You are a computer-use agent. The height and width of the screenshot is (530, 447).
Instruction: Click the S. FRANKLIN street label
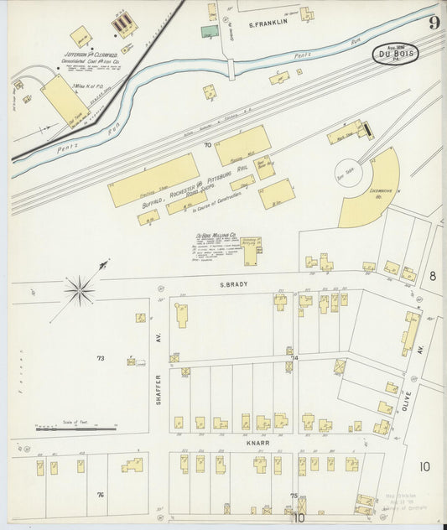point(268,23)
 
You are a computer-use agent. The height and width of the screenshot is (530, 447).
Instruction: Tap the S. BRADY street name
point(236,284)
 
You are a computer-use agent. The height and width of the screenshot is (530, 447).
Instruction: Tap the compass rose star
point(81,290)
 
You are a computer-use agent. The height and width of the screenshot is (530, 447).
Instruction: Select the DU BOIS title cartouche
point(394,55)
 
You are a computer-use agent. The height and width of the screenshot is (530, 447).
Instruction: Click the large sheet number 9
point(433,23)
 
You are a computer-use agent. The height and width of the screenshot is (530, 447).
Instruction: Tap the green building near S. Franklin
point(210,32)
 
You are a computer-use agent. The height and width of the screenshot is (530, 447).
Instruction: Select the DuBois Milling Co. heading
point(216,236)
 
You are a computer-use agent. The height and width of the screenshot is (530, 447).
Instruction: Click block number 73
point(101,358)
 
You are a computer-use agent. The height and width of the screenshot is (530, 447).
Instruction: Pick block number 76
point(100,495)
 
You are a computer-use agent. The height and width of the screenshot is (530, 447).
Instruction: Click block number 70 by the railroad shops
point(207,145)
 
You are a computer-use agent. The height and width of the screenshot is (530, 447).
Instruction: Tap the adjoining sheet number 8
point(433,275)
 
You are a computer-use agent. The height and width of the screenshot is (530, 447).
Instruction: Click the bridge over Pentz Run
point(230,70)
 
